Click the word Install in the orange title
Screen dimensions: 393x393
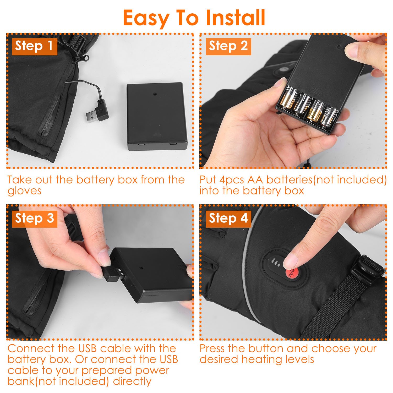(x=236, y=18)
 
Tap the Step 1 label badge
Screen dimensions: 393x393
(x=35, y=46)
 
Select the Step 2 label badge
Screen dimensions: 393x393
(x=228, y=46)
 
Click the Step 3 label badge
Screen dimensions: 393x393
(x=35, y=218)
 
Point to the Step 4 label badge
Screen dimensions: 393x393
(x=228, y=218)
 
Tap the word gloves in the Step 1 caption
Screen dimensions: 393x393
(x=24, y=191)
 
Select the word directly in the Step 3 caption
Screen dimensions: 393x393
(x=132, y=381)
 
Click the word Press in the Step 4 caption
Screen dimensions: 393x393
(x=212, y=348)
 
